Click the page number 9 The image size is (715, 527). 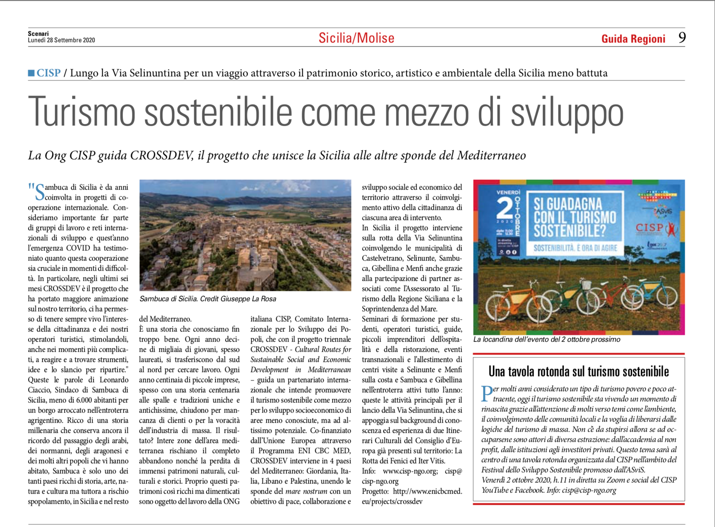click(682, 38)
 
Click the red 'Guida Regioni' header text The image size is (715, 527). click(633, 39)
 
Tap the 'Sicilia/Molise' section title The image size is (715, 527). click(356, 38)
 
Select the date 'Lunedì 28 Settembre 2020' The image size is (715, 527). click(61, 41)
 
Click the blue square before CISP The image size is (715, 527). click(31, 73)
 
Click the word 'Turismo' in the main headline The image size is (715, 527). click(81, 112)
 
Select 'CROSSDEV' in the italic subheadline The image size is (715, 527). click(162, 155)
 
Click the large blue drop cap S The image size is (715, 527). click(39, 192)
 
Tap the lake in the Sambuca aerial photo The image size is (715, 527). click(240, 207)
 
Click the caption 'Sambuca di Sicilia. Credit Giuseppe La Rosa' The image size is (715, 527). click(208, 299)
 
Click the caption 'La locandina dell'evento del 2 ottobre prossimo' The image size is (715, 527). click(546, 340)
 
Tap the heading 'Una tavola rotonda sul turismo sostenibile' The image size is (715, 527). click(578, 371)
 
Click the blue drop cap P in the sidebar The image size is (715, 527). click(487, 393)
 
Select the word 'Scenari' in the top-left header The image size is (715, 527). click(38, 34)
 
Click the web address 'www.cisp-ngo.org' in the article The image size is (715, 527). click(410, 471)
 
